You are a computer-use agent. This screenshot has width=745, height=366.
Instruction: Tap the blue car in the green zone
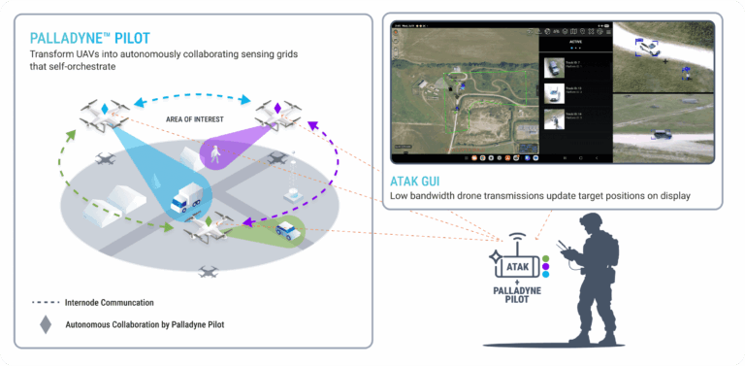coord(288,231)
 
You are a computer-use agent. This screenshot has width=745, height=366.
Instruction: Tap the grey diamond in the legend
coord(45,324)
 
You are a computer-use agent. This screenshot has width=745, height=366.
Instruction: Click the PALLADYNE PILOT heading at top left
coord(92,38)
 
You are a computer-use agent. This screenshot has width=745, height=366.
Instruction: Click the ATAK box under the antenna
coord(520,262)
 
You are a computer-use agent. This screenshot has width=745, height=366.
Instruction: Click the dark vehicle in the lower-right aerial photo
coord(660,134)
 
